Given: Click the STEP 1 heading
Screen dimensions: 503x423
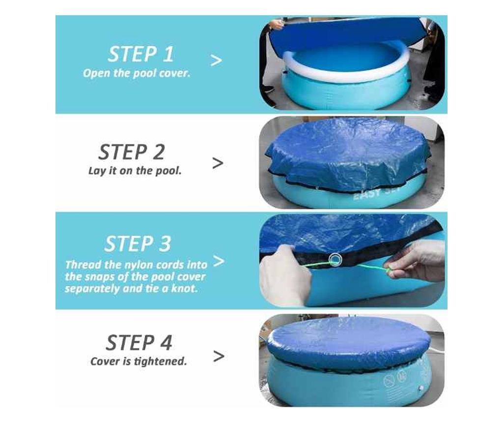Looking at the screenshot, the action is click(141, 54).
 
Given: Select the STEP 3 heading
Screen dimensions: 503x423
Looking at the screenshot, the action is click(138, 243).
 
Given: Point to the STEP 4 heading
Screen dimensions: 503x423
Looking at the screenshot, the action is click(139, 342).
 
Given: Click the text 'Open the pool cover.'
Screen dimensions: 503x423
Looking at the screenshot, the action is click(137, 74).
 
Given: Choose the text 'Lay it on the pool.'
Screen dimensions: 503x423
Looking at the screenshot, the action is click(135, 171).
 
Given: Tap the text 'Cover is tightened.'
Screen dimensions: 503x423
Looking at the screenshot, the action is click(139, 362).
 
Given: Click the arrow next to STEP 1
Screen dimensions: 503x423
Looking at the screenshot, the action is click(216, 60).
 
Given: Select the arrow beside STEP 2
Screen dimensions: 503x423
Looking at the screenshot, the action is click(218, 163).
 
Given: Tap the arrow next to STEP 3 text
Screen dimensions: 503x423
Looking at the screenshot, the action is click(219, 261).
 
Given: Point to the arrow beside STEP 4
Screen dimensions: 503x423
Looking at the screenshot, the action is click(219, 356).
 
